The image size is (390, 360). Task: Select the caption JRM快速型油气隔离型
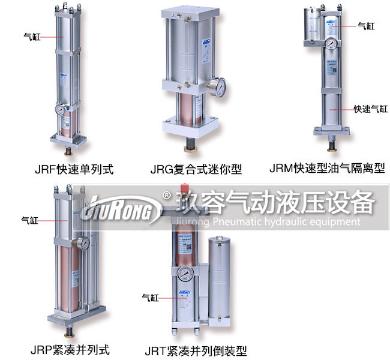(x=326, y=169)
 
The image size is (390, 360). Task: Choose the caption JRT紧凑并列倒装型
(x=196, y=351)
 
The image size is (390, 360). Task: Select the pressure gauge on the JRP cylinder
(x=84, y=243)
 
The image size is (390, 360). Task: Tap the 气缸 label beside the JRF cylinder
(x=31, y=36)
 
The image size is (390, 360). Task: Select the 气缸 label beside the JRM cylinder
(x=366, y=26)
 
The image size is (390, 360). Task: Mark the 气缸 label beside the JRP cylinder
(x=29, y=220)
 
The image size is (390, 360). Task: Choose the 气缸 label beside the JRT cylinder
(x=149, y=297)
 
